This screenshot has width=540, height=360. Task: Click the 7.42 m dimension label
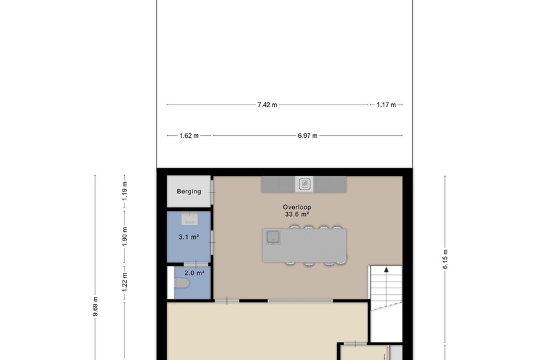pos(267,105)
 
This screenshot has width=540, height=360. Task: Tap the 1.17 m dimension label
pos(386,105)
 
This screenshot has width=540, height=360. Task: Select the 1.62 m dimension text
pos(189,136)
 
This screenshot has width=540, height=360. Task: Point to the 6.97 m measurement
pos(307,136)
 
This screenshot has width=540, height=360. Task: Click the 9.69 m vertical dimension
pos(96,306)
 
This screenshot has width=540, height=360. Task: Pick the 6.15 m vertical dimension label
pos(445,259)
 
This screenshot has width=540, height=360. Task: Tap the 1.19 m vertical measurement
pos(125,191)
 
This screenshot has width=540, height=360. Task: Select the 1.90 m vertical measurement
pos(125,237)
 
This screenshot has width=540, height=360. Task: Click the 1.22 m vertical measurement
pos(125,282)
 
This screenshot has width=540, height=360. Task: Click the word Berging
pos(189,192)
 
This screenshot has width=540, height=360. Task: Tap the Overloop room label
pos(297,207)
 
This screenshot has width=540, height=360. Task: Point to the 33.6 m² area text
pos(297,215)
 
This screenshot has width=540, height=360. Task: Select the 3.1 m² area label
pos(189,237)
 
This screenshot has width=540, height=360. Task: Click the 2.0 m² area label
pos(195,273)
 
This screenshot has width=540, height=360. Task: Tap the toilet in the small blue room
pos(181,284)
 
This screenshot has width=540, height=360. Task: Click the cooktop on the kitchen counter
pos(304,184)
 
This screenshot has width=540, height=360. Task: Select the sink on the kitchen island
pos(273,237)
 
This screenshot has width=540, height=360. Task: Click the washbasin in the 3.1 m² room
pos(190,219)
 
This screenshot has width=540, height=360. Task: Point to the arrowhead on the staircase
pos(386,269)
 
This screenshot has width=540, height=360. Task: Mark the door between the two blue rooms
pos(196,264)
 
